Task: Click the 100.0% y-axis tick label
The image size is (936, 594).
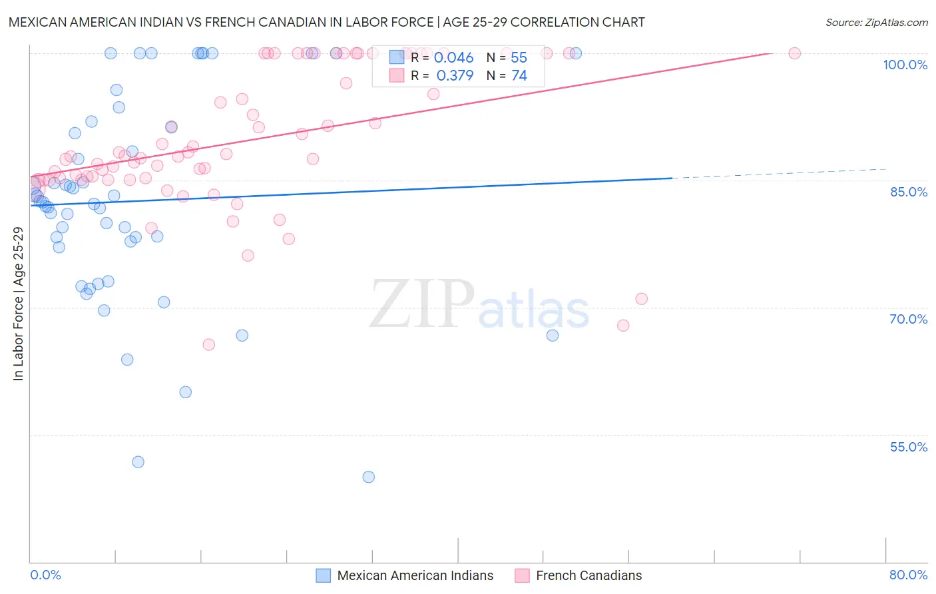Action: click(x=905, y=65)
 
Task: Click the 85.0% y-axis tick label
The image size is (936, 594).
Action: click(x=909, y=192)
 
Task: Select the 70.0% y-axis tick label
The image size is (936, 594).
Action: click(x=909, y=319)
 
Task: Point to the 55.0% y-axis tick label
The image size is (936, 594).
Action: click(x=909, y=447)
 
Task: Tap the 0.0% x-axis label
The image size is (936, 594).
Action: click(x=45, y=575)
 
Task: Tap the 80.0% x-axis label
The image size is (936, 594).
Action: click(x=908, y=575)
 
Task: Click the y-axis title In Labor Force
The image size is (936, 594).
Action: click(x=18, y=304)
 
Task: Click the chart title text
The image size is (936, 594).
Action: click(x=327, y=22)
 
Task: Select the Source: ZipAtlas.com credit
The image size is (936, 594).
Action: click(x=876, y=22)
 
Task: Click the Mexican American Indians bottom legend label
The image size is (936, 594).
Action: click(x=415, y=575)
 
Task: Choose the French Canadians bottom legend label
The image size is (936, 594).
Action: click(x=588, y=575)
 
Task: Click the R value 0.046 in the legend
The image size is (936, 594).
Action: click(x=453, y=58)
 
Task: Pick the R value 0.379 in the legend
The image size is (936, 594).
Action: click(x=455, y=76)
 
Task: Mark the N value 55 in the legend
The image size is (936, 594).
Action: click(x=519, y=58)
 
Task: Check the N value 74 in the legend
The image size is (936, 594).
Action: click(x=519, y=76)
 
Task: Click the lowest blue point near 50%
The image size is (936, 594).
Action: click(x=368, y=477)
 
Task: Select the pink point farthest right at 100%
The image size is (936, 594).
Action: click(x=794, y=53)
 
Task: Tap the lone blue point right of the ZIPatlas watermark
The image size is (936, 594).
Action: click(x=553, y=335)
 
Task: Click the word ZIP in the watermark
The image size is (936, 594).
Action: click(x=421, y=304)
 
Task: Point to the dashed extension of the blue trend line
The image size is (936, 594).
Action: click(x=779, y=173)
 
